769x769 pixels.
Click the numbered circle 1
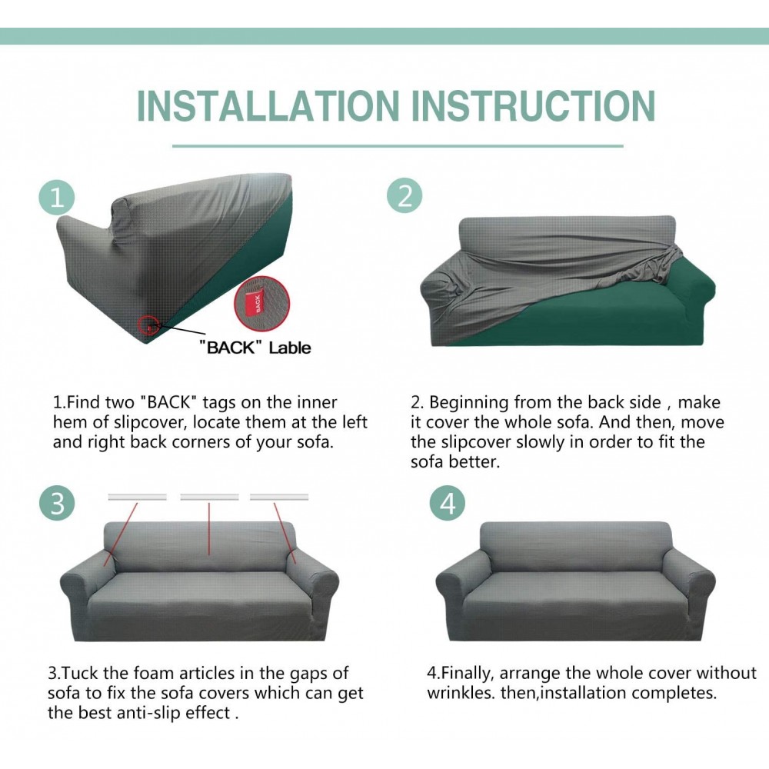57,198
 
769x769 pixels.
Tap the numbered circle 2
404,195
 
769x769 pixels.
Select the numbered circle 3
57,502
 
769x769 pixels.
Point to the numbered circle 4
448,503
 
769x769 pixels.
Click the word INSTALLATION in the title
268,105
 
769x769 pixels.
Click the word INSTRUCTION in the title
533,105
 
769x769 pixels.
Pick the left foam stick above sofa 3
138,497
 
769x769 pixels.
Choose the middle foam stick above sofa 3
209,497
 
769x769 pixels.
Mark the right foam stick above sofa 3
279,497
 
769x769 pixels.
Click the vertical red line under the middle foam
209,528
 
